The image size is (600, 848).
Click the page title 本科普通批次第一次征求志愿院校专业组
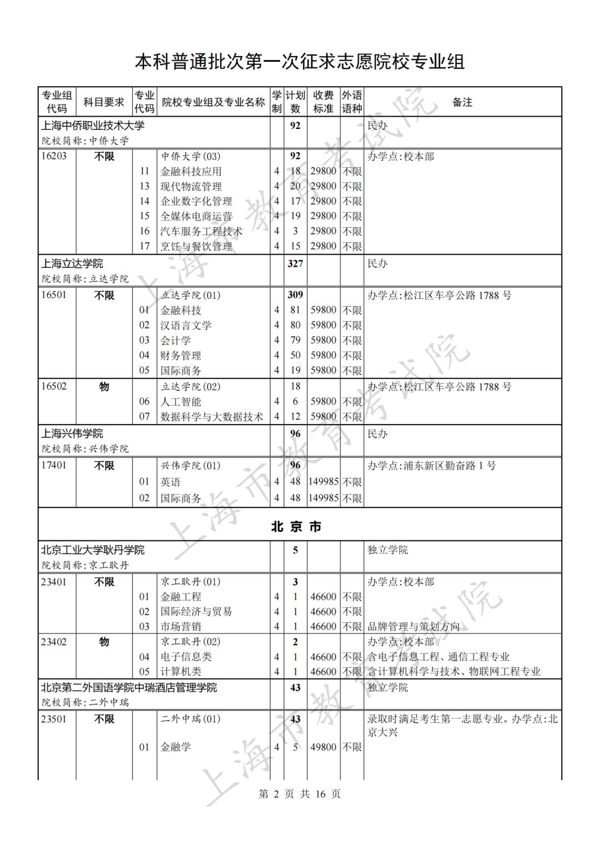[x=299, y=62]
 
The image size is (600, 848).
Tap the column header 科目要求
[x=104, y=102]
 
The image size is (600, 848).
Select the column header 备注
[x=462, y=102]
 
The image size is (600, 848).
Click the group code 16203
[x=54, y=156]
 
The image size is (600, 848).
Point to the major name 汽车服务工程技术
[x=201, y=231]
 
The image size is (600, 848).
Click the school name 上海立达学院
[x=72, y=263]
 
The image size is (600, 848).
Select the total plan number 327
[x=295, y=263]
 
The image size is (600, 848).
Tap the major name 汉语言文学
[x=186, y=325]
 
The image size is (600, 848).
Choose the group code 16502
[x=54, y=386]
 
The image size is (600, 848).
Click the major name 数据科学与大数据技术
[x=212, y=416]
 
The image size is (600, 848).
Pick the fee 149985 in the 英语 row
[x=323, y=482]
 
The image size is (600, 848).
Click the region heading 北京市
[x=296, y=526]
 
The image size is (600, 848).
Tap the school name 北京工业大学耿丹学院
[x=93, y=550]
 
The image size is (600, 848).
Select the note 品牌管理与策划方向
[x=413, y=626]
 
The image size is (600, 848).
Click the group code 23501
[x=54, y=719]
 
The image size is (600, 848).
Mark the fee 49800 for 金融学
[x=323, y=747]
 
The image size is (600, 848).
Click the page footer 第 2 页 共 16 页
[x=299, y=794]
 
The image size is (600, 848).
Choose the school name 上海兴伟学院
[x=72, y=433]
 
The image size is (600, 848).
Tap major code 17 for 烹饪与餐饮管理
[x=144, y=246]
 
